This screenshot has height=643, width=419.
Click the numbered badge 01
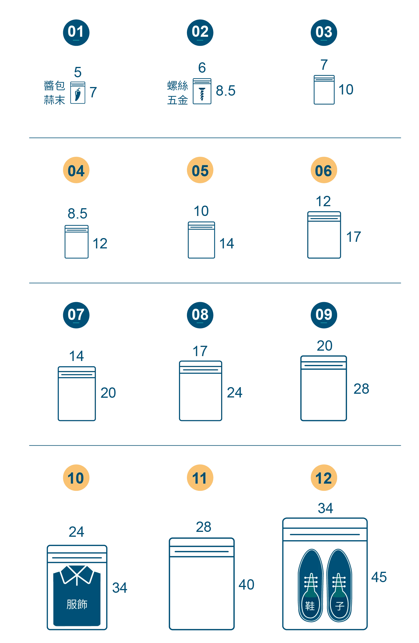click(76, 32)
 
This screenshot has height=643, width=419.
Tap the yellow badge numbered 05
click(200, 170)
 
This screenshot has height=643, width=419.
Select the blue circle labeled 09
click(324, 315)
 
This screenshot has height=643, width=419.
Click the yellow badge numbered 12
click(324, 478)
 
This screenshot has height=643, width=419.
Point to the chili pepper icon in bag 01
click(78, 94)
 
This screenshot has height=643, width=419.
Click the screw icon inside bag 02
click(202, 94)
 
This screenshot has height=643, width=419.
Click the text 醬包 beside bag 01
click(54, 86)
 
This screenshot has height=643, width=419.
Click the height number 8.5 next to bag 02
click(225, 91)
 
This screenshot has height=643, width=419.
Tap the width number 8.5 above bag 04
click(77, 214)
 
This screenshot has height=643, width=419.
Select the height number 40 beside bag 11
click(246, 584)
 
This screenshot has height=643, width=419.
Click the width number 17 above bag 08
click(200, 351)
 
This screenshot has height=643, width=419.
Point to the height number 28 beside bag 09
click(361, 389)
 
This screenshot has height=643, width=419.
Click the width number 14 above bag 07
click(76, 356)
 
